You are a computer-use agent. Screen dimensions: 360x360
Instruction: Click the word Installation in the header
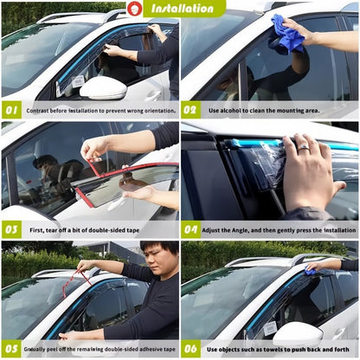click(183, 9)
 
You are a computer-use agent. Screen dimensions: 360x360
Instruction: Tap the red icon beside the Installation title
click(135, 9)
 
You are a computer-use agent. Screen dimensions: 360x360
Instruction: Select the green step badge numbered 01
click(11, 111)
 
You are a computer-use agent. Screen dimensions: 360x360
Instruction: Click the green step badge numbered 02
click(191, 111)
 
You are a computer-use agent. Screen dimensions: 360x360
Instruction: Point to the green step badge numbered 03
click(11, 230)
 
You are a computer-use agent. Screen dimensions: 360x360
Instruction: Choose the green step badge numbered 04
click(191, 230)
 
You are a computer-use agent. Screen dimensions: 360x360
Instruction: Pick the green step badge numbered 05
click(11, 350)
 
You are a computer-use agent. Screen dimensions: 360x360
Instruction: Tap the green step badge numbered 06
click(191, 350)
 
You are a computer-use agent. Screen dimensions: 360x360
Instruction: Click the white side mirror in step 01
click(103, 87)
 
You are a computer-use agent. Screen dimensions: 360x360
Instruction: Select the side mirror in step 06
click(297, 333)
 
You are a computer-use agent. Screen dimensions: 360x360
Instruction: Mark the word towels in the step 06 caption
click(268, 350)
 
